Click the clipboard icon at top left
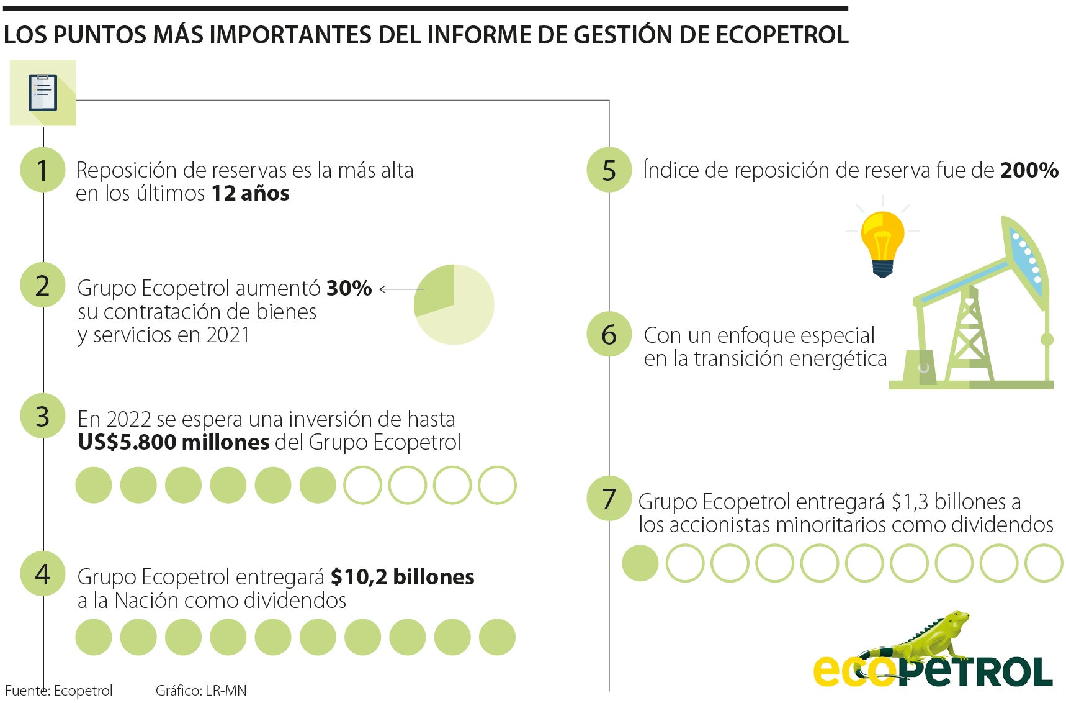point(42,93)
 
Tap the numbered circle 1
point(42,170)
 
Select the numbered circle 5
point(609,170)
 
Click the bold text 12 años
point(250,193)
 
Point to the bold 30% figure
point(349,288)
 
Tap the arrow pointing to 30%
point(400,289)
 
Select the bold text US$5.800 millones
point(173,442)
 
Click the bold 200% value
point(1029,170)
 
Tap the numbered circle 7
point(609,499)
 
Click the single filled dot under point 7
point(640,563)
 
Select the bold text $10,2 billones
point(402,577)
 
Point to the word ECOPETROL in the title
point(782,35)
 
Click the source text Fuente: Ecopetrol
point(58,691)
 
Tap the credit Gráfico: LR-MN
point(200,691)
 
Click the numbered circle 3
point(42,416)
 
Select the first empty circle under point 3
point(362,485)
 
